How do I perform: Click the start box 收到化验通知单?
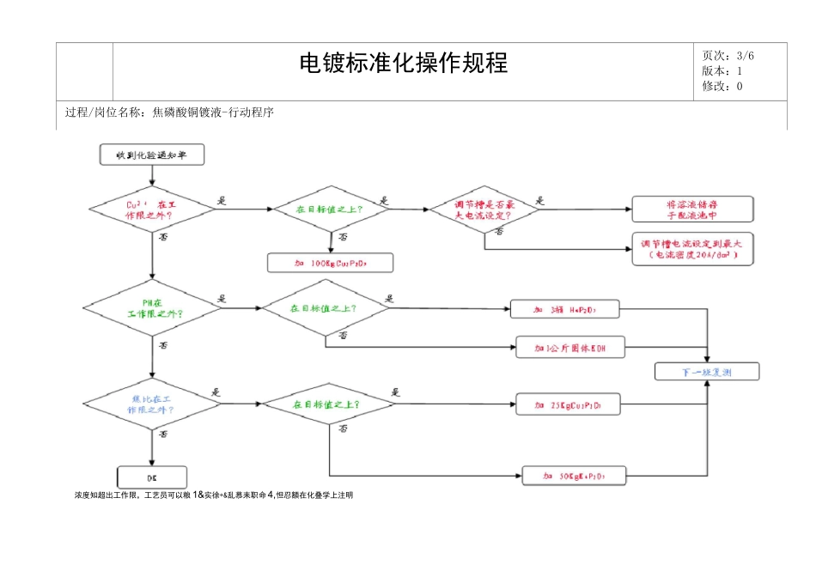(x=152, y=155)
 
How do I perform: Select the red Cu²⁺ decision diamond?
(x=152, y=210)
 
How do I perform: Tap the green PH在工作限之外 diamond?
(x=152, y=307)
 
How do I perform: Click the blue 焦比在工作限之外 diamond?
(x=152, y=404)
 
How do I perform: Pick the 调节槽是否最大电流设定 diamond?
(x=484, y=210)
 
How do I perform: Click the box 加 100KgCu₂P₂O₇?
(x=331, y=262)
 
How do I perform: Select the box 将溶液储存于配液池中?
(x=692, y=209)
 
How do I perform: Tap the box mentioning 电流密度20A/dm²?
(x=692, y=249)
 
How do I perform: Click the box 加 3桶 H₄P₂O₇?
(x=565, y=308)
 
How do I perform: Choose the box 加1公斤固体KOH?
(x=569, y=348)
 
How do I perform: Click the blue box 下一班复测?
(x=706, y=372)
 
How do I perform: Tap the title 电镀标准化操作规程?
(x=403, y=63)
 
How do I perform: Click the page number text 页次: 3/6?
(x=728, y=56)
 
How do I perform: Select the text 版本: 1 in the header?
(x=722, y=71)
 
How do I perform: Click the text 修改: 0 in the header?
(x=722, y=86)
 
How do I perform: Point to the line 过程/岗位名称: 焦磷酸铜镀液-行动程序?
(x=169, y=112)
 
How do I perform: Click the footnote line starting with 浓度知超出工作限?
(x=215, y=495)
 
